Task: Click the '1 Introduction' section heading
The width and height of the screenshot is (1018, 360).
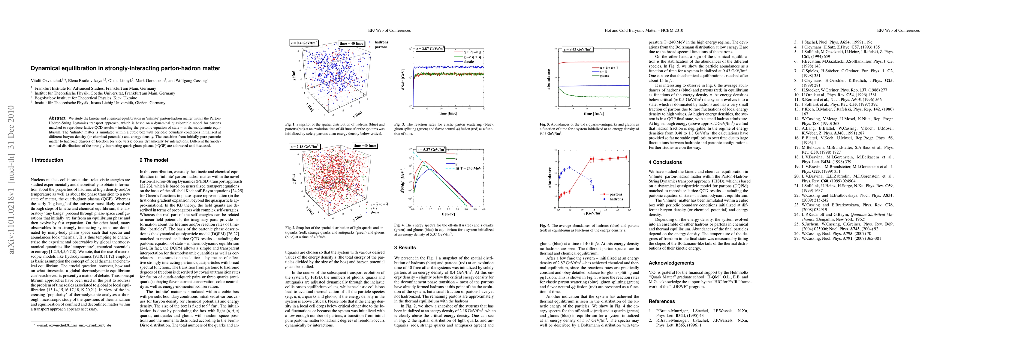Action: tap(47, 160)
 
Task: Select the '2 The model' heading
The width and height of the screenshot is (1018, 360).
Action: tap(154, 160)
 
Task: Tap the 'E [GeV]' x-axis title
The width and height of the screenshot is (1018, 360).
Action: tap(448, 214)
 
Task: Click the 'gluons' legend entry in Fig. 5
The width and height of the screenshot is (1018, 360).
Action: tap(604, 76)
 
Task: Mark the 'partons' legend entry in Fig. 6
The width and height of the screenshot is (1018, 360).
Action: tap(616, 194)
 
